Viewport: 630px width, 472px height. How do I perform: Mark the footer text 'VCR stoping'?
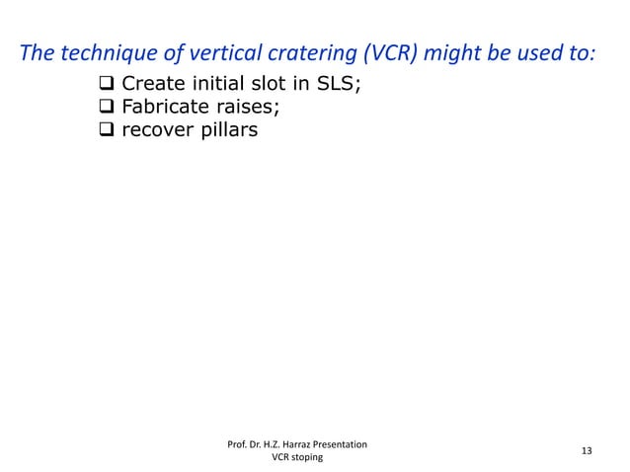[297, 459]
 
